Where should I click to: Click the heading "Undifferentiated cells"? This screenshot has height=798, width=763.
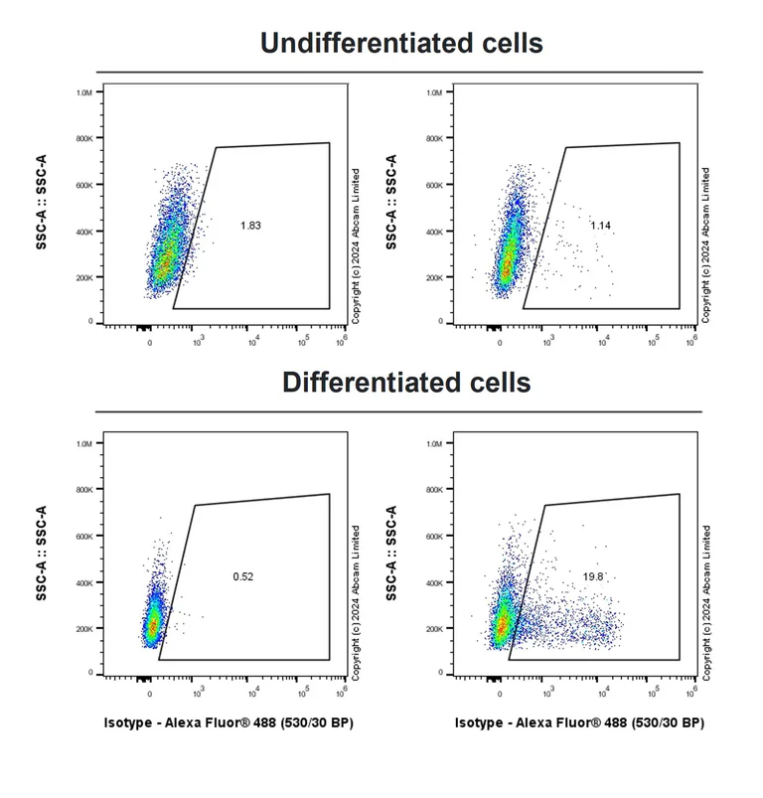pyautogui.click(x=401, y=44)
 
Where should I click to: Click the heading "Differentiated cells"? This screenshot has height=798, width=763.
pyautogui.click(x=406, y=383)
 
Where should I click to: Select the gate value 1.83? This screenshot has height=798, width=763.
pyautogui.click(x=250, y=227)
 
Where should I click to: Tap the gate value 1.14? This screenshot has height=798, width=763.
pyautogui.click(x=600, y=227)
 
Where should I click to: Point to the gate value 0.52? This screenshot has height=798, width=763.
pyautogui.click(x=242, y=576)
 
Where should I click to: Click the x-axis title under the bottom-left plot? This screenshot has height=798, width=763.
pyautogui.click(x=229, y=723)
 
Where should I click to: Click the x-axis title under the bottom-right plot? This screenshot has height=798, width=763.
pyautogui.click(x=579, y=723)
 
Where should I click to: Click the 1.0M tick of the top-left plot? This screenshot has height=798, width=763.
pyautogui.click(x=84, y=92)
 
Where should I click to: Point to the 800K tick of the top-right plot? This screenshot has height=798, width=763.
pyautogui.click(x=434, y=139)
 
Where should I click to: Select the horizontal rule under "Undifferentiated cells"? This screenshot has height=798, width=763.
pyautogui.click(x=398, y=72)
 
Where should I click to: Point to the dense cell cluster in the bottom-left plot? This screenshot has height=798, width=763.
pyautogui.click(x=152, y=623)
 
